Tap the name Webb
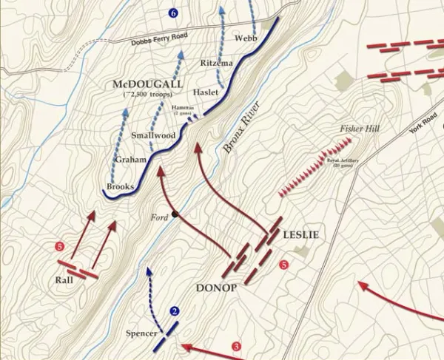[245, 38]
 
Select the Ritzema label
[217, 64]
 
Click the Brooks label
[120, 187]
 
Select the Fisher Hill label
[360, 129]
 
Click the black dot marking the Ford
[175, 215]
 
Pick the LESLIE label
[300, 235]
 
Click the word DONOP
[216, 288]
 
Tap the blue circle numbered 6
[173, 14]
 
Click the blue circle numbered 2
[175, 312]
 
